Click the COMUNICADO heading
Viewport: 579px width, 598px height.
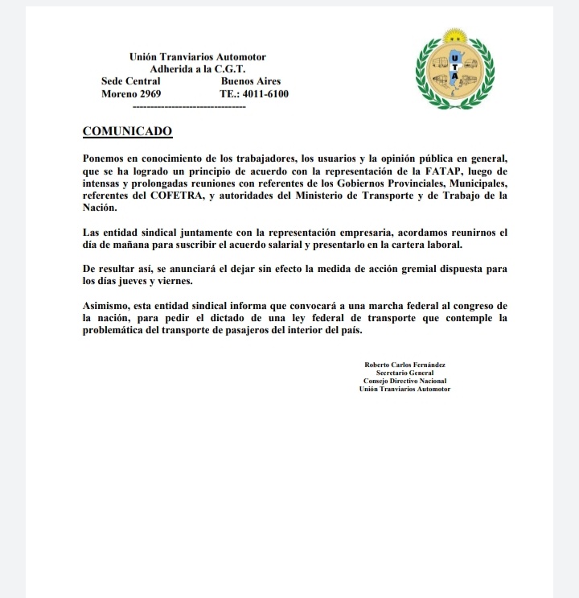pos(127,131)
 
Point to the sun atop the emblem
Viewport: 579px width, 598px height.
pos(455,36)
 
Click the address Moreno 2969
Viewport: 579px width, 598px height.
pos(131,94)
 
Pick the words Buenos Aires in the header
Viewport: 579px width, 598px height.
pos(250,81)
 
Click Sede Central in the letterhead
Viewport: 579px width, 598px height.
pos(131,81)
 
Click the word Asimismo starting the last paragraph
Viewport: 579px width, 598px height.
pos(109,306)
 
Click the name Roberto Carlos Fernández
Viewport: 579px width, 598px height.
pos(404,365)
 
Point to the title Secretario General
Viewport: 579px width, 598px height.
pos(404,373)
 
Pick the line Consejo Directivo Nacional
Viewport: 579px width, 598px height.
pos(404,381)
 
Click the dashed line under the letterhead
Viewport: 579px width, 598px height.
pos(187,106)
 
